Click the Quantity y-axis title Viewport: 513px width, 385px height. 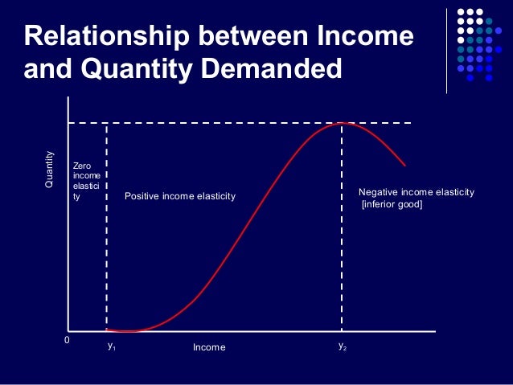pos(50,170)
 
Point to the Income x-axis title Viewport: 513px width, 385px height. pos(209,347)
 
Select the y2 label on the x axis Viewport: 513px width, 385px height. pos(342,346)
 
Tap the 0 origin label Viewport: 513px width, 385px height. pos(67,341)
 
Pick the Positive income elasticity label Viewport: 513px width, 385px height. pos(180,196)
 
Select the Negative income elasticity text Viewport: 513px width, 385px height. pos(416,193)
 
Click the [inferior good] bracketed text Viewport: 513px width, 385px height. pos(392,205)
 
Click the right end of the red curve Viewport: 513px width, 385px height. pos(405,166)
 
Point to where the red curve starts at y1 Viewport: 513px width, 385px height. pos(108,330)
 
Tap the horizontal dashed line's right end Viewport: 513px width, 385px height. pos(410,123)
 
